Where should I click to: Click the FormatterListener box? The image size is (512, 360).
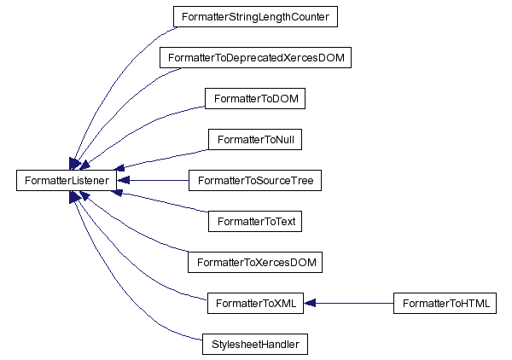pos(67,181)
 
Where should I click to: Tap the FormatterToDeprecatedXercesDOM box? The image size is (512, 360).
pos(255,57)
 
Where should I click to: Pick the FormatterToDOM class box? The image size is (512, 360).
pos(255,98)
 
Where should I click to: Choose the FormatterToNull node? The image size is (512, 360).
pos(255,139)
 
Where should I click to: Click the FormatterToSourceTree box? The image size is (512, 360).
pos(255,181)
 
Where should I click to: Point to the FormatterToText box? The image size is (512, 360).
pos(255,222)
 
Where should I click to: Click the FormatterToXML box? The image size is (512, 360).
pos(255,304)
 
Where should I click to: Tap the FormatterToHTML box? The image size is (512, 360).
pos(445,304)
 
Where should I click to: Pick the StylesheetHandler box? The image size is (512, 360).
pos(254,345)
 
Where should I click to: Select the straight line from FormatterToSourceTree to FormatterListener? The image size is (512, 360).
pos(154,181)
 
